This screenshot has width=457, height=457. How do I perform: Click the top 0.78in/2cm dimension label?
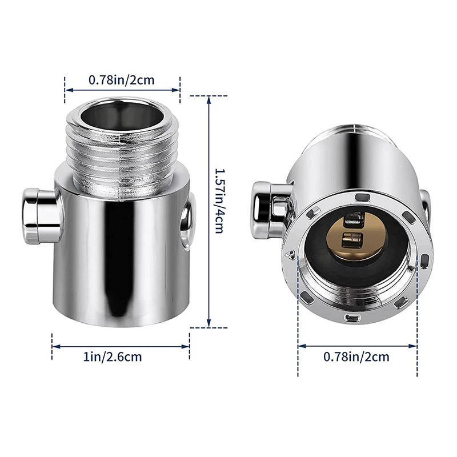(121, 80)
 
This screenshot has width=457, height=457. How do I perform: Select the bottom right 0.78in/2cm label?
(356, 358)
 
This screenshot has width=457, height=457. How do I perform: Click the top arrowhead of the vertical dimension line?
(209, 98)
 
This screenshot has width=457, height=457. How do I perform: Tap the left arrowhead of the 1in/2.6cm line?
(55, 345)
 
